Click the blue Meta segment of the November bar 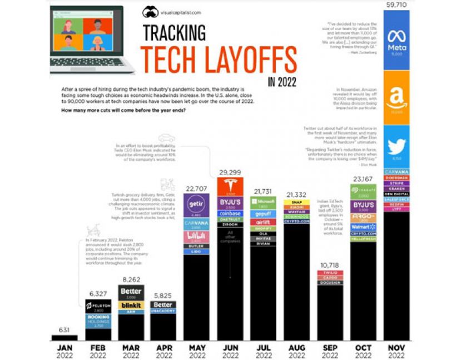396,39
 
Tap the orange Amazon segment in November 396,97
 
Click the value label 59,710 396,4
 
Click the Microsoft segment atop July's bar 264,201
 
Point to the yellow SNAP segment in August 297,202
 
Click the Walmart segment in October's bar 363,226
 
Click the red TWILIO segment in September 330,272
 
